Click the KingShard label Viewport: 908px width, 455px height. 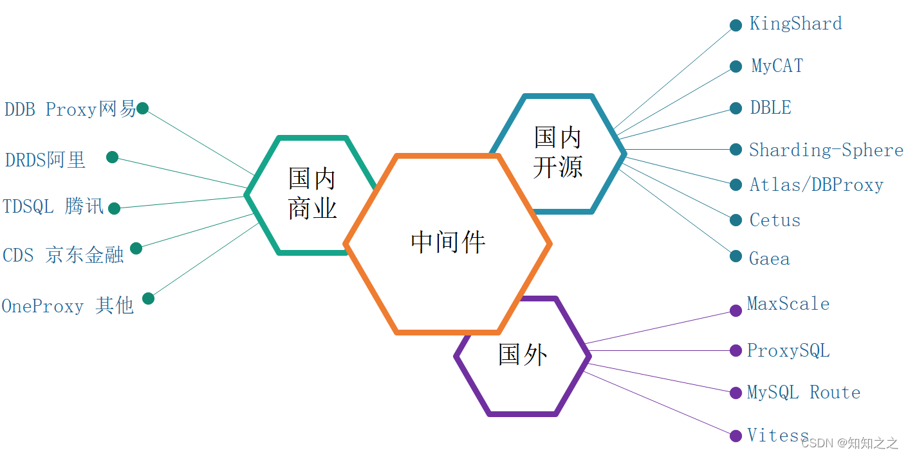795,24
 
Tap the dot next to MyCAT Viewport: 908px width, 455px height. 736,67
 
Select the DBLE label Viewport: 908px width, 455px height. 770,108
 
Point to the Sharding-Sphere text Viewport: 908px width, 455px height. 826,150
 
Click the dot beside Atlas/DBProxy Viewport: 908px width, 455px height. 736,185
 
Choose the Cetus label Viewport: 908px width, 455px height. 775,220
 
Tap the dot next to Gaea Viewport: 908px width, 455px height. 736,256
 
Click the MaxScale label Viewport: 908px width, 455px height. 788,304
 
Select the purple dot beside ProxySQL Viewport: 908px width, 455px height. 736,351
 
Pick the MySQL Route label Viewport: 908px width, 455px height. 803,393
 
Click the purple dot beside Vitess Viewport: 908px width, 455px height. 736,436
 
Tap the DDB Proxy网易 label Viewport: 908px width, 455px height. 70,110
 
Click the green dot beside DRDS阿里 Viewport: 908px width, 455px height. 112,157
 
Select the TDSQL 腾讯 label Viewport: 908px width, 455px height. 53,207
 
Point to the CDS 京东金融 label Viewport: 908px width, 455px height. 63,255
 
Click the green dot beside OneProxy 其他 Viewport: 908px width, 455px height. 148,298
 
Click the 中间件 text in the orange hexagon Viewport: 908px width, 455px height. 448,243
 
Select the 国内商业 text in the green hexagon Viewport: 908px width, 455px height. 312,193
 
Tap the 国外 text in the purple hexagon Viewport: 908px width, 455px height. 523,355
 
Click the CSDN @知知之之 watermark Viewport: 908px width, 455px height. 849,443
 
